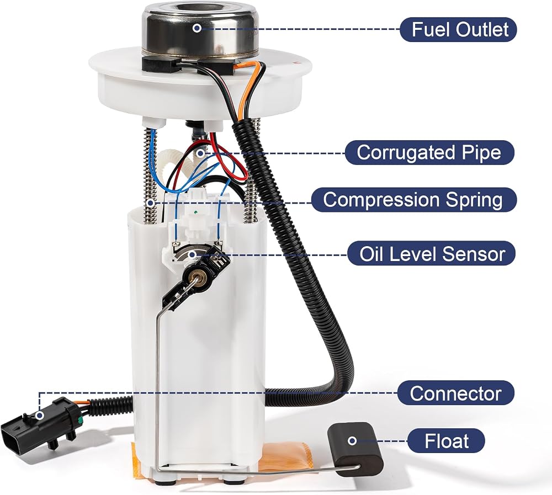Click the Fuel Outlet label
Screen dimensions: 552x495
[458, 30]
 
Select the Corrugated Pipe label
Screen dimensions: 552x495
[429, 152]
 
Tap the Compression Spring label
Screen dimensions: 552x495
[413, 200]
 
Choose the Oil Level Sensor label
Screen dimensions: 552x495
[432, 253]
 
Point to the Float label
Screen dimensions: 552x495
[447, 440]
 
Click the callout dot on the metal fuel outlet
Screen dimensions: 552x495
[197, 28]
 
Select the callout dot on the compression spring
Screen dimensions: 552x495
[150, 203]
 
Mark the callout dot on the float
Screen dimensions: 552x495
[352, 440]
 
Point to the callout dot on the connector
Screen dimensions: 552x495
[40, 416]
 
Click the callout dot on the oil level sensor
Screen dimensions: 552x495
[192, 254]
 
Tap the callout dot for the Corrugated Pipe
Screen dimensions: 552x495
[200, 153]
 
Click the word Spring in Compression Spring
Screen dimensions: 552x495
[474, 200]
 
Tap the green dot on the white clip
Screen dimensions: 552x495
[195, 212]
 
